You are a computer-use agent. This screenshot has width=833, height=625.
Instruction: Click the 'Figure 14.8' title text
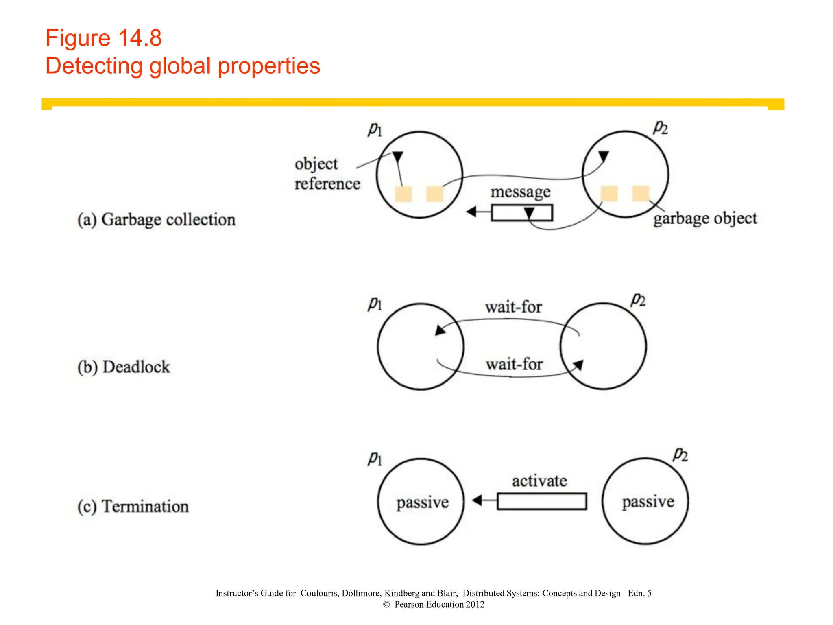103,38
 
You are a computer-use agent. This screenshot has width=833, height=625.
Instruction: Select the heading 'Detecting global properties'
183,66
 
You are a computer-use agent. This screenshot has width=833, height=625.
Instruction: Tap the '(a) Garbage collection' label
157,220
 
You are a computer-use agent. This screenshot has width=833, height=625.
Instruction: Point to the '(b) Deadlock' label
124,367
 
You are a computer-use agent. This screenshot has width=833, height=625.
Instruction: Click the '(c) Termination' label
133,507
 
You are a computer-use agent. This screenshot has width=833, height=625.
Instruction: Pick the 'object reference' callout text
327,174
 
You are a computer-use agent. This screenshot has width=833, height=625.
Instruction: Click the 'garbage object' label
705,219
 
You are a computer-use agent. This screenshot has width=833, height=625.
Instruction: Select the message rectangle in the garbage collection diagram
521,213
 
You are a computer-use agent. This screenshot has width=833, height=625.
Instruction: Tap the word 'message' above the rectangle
520,192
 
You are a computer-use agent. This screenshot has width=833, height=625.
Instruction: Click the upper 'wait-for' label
513,307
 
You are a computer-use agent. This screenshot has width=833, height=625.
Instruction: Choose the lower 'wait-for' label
514,364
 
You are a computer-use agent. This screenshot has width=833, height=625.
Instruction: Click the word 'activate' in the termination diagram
539,481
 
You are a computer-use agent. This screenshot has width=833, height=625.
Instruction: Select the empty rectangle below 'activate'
542,501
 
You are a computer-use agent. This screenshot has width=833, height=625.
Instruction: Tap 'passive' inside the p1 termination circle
423,503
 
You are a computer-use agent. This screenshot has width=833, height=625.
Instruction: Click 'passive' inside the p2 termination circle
648,502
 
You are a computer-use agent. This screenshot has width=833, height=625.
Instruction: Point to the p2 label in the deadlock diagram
638,300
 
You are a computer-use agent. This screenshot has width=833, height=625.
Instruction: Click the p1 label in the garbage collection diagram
375,130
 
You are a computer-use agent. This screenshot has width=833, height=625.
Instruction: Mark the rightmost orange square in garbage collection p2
641,193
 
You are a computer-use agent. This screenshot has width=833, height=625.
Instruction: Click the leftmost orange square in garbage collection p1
403,194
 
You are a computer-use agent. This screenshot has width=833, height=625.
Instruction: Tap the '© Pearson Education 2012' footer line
434,604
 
